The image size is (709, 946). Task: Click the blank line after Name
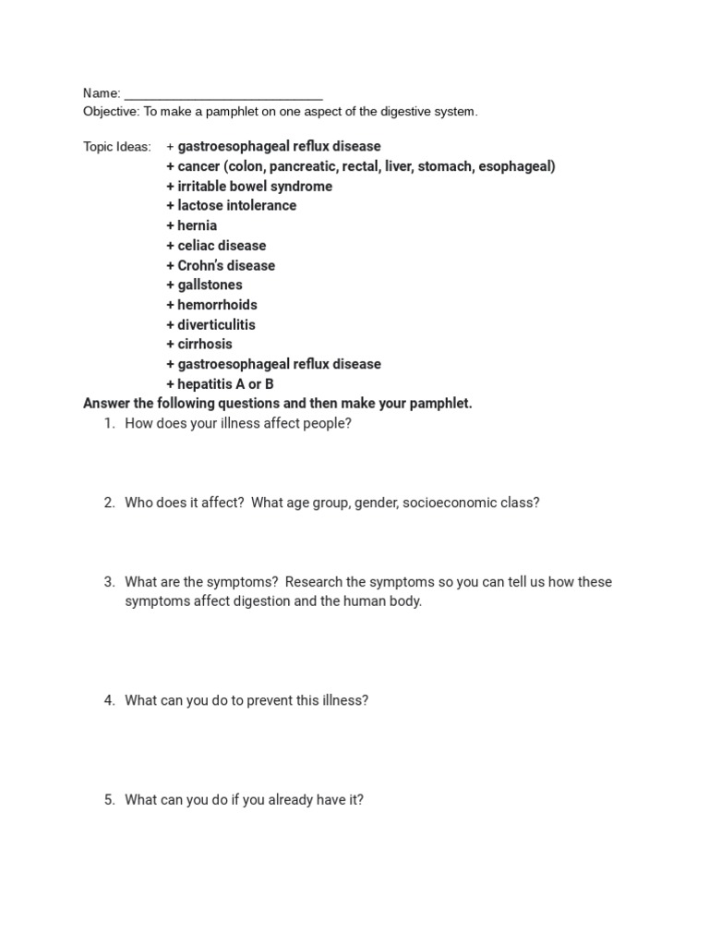click(x=223, y=95)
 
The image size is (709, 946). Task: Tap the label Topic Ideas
click(x=116, y=147)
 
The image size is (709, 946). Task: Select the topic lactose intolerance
click(x=236, y=206)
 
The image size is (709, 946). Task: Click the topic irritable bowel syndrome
click(x=255, y=187)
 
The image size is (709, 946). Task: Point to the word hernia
click(x=198, y=225)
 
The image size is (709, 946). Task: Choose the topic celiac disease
click(x=222, y=246)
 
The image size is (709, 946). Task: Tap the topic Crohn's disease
click(x=226, y=266)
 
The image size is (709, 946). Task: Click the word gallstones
click(x=210, y=285)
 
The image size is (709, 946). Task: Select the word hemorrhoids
click(x=217, y=305)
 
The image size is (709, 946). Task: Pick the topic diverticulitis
click(x=216, y=325)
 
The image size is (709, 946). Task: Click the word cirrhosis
click(x=205, y=345)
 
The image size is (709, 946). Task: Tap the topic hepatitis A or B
click(x=225, y=384)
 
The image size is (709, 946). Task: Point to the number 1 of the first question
click(x=108, y=424)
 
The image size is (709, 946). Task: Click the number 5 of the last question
click(x=108, y=800)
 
